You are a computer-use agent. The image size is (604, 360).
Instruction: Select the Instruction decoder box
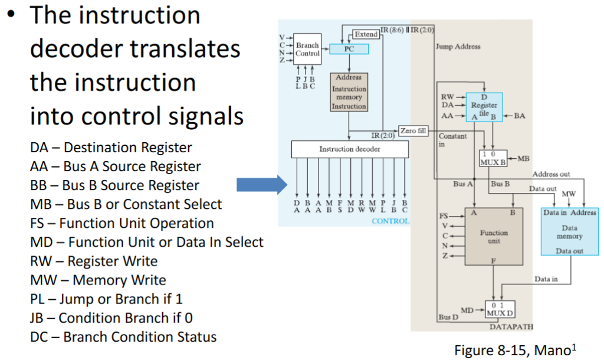[x=350, y=149]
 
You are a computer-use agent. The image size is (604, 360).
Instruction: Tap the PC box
[x=349, y=50]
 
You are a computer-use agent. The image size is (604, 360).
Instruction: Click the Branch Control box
[x=307, y=49]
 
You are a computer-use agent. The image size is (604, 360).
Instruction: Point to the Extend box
[x=366, y=34]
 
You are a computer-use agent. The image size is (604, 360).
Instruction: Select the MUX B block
[x=493, y=158]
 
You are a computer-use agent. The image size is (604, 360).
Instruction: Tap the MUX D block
[x=499, y=308]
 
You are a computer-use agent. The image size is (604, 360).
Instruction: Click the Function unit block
[x=494, y=237]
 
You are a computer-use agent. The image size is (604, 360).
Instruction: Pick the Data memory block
[x=569, y=231]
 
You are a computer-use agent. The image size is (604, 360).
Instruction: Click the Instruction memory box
[x=349, y=92]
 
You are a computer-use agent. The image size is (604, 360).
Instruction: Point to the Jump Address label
[x=458, y=47]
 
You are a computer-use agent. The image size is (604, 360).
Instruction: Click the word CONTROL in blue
[x=390, y=221]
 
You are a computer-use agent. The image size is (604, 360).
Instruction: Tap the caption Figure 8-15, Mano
[x=513, y=349]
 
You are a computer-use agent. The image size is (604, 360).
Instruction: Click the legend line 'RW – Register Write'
[x=94, y=261]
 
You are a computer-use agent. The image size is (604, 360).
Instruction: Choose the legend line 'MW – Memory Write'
[x=98, y=280]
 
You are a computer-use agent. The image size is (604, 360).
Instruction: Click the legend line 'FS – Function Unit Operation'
[x=122, y=223]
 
